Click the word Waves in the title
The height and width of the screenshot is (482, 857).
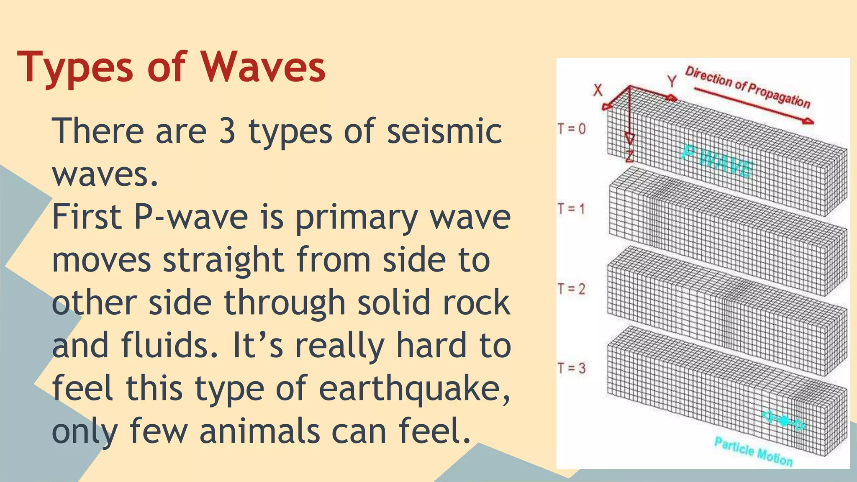coord(263,67)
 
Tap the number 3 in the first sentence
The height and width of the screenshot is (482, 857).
coord(227,131)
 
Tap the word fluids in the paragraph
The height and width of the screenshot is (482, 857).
coord(169,345)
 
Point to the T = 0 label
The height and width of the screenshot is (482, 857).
coord(572,128)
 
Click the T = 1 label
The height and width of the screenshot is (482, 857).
coord(571,208)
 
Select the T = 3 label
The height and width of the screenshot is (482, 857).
coord(572,368)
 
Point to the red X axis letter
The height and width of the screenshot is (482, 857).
coord(598,90)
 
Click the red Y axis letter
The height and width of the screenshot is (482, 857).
coord(672,81)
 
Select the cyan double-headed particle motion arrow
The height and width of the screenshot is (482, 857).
coord(783,420)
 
